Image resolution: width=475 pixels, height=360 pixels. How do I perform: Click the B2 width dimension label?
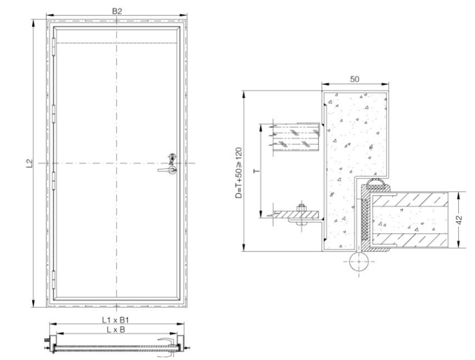[117, 11]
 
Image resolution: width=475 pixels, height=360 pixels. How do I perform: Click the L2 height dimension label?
[29, 163]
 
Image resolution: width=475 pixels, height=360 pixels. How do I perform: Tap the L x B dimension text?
[117, 329]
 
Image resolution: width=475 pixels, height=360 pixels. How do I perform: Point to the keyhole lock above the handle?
[172, 157]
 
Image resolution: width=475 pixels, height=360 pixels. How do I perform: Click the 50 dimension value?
[355, 79]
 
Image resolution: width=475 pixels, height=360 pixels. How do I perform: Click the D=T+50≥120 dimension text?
[237, 171]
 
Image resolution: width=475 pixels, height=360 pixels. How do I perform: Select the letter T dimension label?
[256, 171]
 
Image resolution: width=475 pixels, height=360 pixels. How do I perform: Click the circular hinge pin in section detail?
[359, 262]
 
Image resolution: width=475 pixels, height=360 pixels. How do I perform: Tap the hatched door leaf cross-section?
[410, 219]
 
